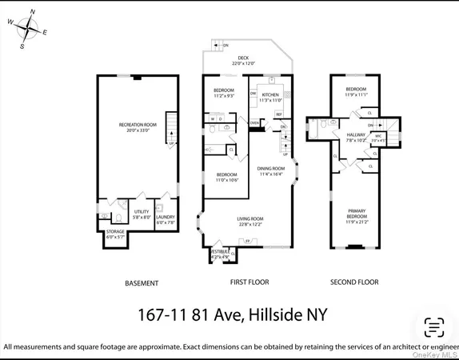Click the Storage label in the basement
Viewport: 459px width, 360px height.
point(116,234)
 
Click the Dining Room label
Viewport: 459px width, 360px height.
point(271,170)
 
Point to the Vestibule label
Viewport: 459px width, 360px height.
point(220,254)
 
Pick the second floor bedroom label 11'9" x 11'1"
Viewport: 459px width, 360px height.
point(356,91)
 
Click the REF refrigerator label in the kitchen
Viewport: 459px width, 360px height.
point(279,114)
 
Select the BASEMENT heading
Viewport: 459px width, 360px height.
point(142,283)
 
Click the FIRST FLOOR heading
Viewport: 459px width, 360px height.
point(249,282)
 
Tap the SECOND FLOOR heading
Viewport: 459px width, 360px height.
point(356,282)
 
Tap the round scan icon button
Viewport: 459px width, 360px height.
point(433,326)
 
